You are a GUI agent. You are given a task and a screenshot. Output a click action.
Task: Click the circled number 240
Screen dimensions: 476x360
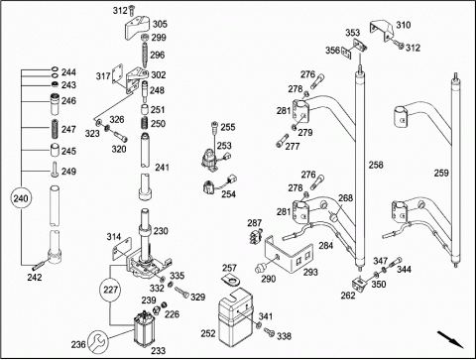tap(21, 198)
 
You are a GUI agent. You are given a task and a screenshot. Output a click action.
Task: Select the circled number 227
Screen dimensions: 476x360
tap(110, 290)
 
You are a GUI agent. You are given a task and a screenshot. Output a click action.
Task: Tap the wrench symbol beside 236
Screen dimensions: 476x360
tap(98, 341)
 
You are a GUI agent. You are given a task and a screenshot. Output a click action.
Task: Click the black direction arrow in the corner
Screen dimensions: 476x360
tap(450, 339)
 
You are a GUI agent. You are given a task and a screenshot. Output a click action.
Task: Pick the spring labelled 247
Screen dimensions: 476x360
tap(55, 129)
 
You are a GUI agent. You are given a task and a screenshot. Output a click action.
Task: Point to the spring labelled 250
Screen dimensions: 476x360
tap(145, 123)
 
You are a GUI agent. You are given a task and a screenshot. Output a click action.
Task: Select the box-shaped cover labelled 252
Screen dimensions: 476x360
tap(236, 317)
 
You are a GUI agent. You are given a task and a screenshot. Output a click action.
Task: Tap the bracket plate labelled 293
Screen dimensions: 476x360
tap(289, 254)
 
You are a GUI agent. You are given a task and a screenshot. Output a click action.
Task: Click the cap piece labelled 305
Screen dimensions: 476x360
tap(138, 28)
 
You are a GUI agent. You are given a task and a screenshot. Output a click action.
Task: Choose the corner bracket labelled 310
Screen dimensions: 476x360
tap(382, 31)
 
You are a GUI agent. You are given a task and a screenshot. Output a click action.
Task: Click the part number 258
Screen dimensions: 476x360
tap(376, 165)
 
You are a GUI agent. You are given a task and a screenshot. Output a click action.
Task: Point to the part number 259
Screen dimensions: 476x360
tap(441, 173)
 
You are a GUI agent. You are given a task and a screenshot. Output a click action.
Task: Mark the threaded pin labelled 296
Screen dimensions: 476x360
tap(145, 55)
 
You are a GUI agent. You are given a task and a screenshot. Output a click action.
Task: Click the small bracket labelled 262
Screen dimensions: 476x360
tap(359, 285)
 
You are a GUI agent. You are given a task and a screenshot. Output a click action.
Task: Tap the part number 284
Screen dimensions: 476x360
tap(326, 246)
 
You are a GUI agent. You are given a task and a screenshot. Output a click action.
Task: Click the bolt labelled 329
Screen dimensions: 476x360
tap(181, 293)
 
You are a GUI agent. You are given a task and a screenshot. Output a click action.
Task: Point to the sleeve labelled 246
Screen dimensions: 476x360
tap(55, 103)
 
